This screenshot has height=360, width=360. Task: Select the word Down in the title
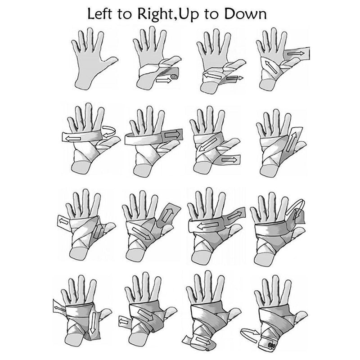[x=245, y=14]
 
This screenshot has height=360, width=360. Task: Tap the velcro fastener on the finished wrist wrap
[x=273, y=345]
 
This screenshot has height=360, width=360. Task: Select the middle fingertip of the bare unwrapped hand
[x=90, y=31]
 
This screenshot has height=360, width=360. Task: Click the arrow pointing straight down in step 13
[x=93, y=323]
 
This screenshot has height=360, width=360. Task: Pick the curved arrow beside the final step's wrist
[x=250, y=333]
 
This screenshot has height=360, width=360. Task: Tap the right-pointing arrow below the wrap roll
[x=163, y=81]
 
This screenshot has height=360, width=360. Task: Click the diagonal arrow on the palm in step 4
[x=271, y=67]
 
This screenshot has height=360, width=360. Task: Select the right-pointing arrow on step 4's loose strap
[x=296, y=54]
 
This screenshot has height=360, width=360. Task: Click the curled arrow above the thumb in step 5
[x=109, y=132]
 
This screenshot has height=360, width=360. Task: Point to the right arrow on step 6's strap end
[x=172, y=134]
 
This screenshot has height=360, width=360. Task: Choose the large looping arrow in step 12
[x=295, y=208]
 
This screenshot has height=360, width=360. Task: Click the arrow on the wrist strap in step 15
[x=202, y=340]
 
